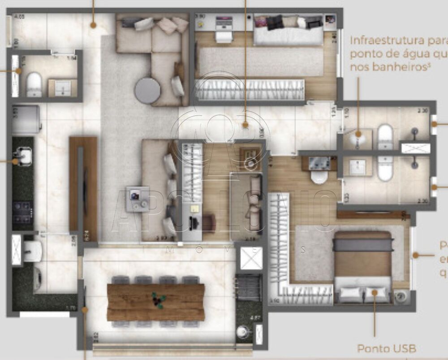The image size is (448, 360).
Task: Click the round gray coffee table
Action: pos(147,91)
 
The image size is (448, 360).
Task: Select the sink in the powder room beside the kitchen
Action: pos(62,88)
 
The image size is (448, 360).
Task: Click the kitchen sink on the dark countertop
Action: pos(23,156)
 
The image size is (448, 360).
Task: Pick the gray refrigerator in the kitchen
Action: pos(26,119)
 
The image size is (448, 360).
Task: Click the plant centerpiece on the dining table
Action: pos(158,299)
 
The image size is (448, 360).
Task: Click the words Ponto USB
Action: pos(387,348)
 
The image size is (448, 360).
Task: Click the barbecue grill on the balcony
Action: pos(248,287)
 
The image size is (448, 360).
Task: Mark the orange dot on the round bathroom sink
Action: pos(358,134)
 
